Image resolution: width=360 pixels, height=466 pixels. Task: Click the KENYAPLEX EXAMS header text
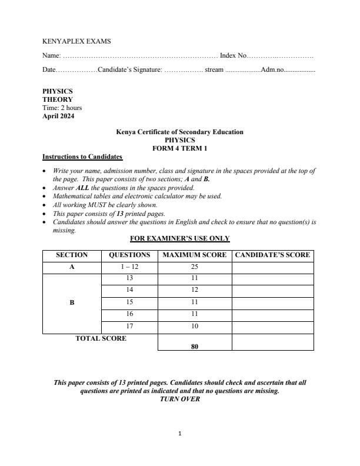[x=76, y=41]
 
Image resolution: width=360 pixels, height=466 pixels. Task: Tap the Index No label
[x=232, y=55]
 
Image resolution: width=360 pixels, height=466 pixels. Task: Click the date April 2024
[x=58, y=116]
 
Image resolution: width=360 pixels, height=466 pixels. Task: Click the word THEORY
[x=57, y=99]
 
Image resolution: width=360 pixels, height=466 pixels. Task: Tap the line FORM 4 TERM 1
[x=179, y=148]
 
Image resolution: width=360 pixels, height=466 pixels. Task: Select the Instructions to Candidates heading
[x=82, y=157]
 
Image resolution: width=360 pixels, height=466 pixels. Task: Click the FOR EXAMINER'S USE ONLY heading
[x=179, y=238]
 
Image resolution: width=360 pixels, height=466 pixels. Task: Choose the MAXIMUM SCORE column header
[x=195, y=255]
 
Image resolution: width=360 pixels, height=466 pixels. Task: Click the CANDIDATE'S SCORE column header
[x=272, y=255]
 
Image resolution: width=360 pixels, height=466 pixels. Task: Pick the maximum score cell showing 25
[x=195, y=267]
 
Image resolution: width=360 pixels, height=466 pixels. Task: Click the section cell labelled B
[x=72, y=302]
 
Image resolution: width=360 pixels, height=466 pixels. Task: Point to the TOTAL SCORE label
[x=101, y=338]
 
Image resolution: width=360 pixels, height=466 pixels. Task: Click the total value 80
[x=195, y=347]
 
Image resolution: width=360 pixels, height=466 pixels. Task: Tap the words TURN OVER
[x=179, y=399]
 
